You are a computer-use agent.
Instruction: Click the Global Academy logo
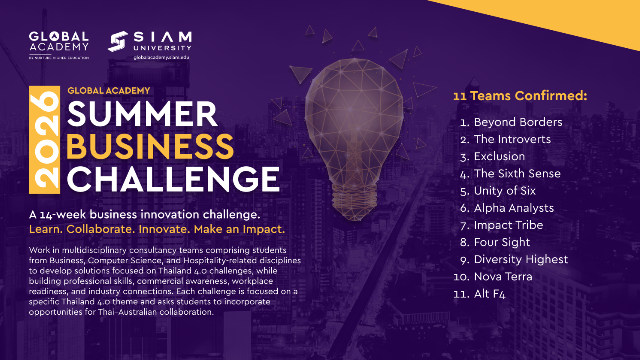pyautogui.click(x=59, y=45)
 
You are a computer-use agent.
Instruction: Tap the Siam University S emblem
pyautogui.click(x=117, y=41)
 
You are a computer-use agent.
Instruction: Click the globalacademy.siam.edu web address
pyautogui.click(x=161, y=57)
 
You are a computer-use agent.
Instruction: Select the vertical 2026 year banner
pyautogui.click(x=44, y=140)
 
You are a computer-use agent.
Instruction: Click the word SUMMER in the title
pyautogui.click(x=143, y=114)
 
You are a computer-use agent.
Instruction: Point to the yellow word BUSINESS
pyautogui.click(x=150, y=147)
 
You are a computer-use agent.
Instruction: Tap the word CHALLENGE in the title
pyautogui.click(x=173, y=179)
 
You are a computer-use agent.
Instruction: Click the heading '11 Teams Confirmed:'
pyautogui.click(x=520, y=96)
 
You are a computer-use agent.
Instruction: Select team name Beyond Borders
pyautogui.click(x=518, y=122)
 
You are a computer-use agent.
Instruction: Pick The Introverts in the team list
pyautogui.click(x=512, y=139)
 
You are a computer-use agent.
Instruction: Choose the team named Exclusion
pyautogui.click(x=499, y=156)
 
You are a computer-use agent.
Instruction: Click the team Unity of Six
pyautogui.click(x=505, y=191)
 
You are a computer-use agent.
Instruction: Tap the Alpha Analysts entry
pyautogui.click(x=514, y=208)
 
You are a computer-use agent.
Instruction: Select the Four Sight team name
pyautogui.click(x=502, y=242)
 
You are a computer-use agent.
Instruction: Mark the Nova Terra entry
pyautogui.click(x=503, y=277)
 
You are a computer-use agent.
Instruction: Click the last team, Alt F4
pyautogui.click(x=489, y=294)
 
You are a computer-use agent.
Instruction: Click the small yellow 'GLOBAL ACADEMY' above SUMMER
pyautogui.click(x=109, y=91)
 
